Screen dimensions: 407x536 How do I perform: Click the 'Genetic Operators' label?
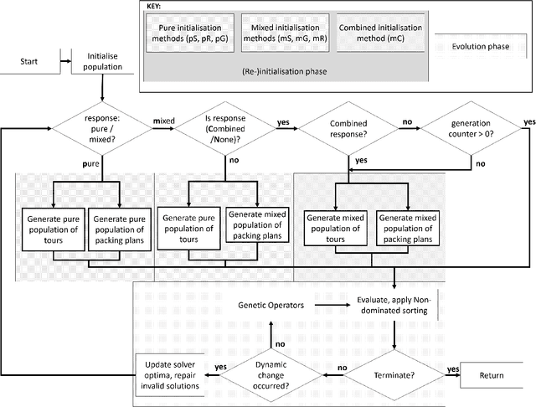pyautogui.click(x=266, y=306)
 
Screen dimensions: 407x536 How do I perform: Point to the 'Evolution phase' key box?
pyautogui.click(x=478, y=46)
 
